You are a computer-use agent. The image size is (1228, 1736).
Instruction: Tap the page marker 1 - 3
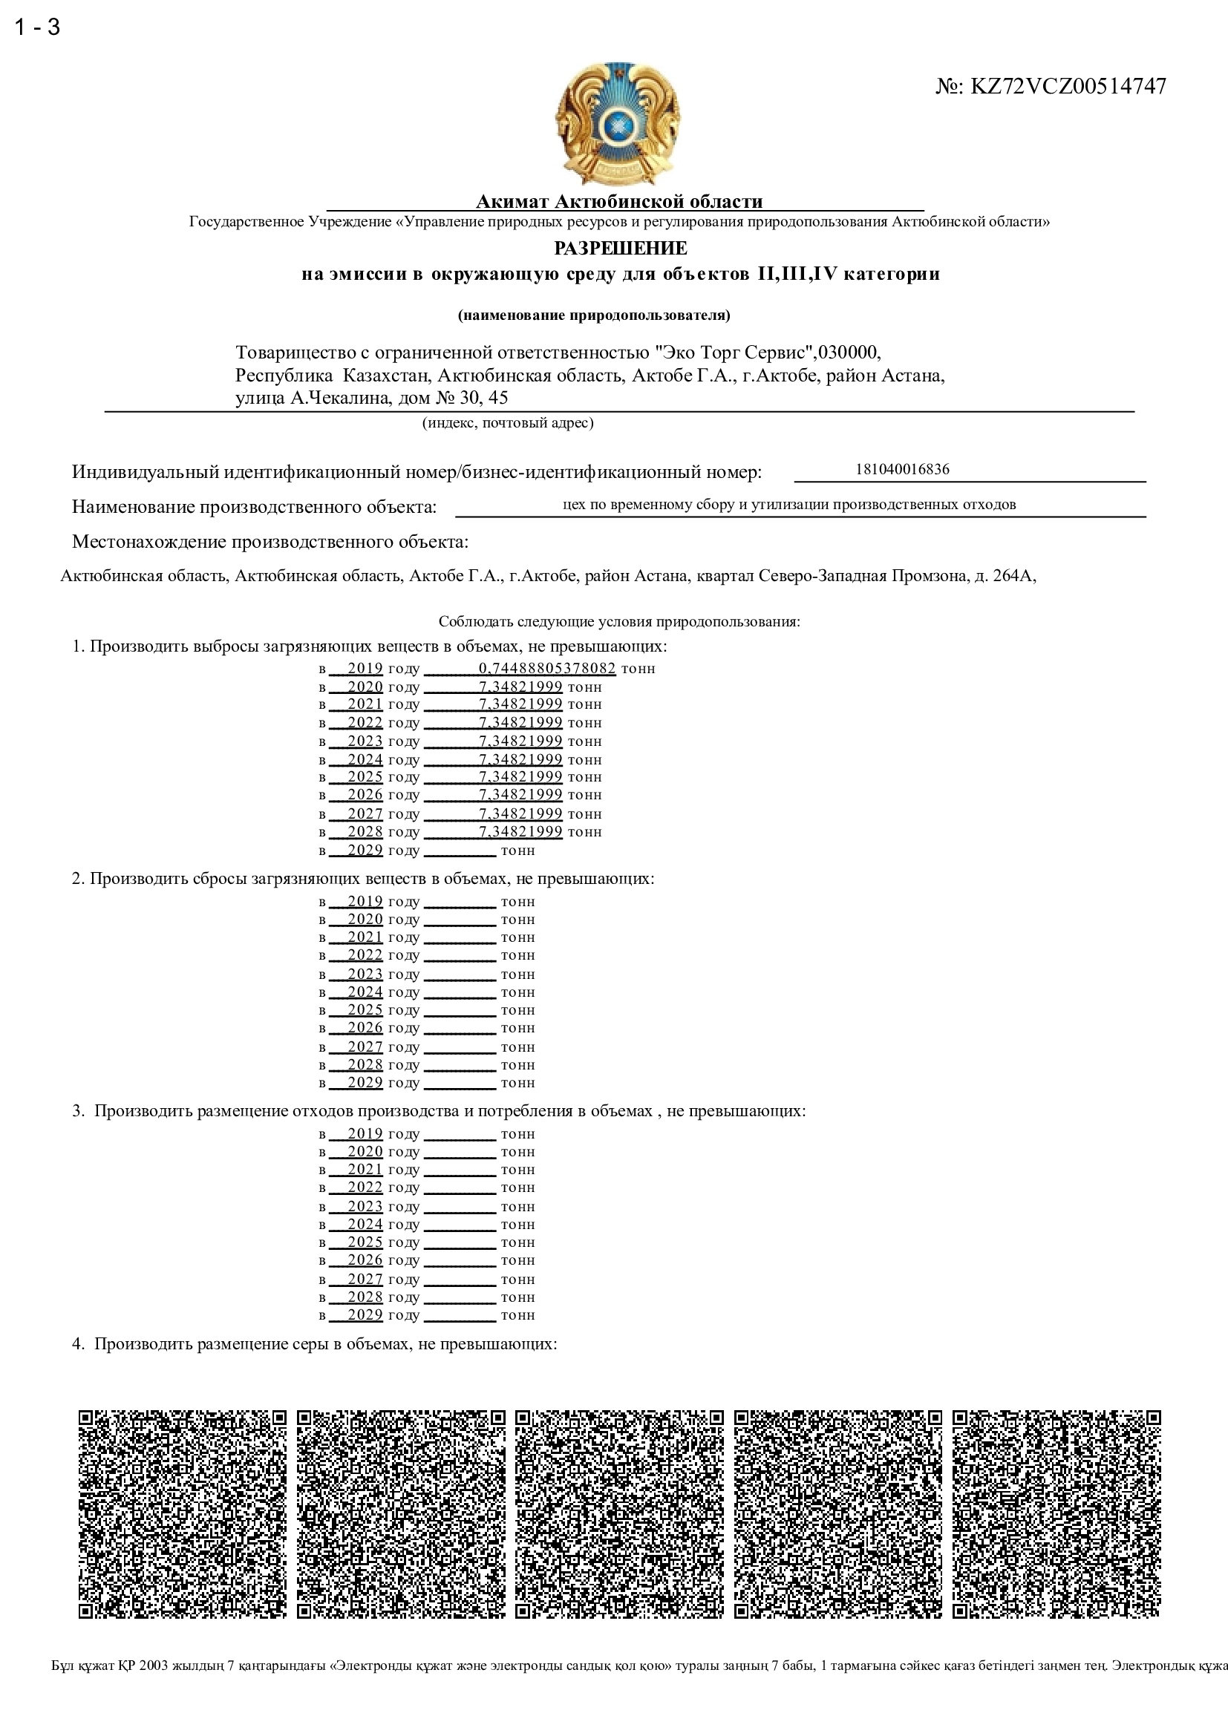point(37,27)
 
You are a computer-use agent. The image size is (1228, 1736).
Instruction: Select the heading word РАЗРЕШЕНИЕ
point(620,248)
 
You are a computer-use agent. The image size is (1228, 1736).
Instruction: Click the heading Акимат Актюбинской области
point(618,201)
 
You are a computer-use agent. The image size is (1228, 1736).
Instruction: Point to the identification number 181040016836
point(902,469)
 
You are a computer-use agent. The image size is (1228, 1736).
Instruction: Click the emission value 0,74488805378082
point(546,669)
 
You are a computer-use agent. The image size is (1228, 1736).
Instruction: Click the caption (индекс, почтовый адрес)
point(507,422)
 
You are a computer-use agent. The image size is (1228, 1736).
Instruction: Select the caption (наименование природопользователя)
point(594,315)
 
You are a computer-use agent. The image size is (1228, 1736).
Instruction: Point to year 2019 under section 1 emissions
point(365,669)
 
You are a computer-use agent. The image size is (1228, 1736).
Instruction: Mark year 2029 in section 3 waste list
point(365,1315)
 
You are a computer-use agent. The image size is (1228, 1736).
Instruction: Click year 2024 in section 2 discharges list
point(365,992)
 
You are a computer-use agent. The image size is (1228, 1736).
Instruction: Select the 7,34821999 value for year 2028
point(520,832)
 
